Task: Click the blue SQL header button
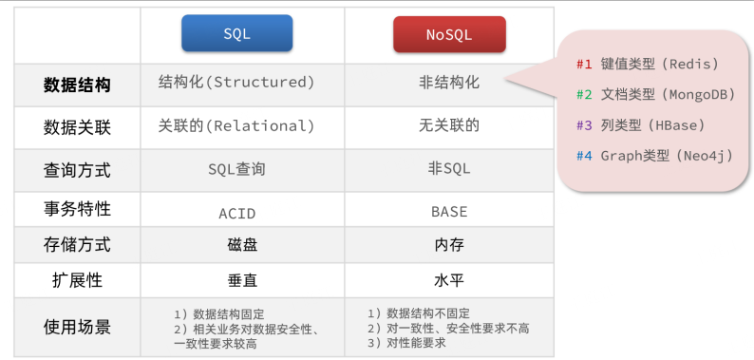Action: pyautogui.click(x=237, y=33)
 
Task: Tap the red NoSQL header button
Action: pyautogui.click(x=449, y=34)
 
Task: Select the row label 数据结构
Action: pyautogui.click(x=77, y=85)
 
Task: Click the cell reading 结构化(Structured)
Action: pyautogui.click(x=236, y=83)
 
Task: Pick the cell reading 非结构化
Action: pyautogui.click(x=449, y=83)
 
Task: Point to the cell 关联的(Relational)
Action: pyautogui.click(x=236, y=126)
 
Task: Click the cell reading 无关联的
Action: pyautogui.click(x=449, y=125)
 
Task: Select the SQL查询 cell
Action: pyautogui.click(x=236, y=169)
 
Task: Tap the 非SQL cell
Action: pyautogui.click(x=449, y=168)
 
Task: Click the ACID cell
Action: pyautogui.click(x=237, y=213)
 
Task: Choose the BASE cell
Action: pyautogui.click(x=449, y=212)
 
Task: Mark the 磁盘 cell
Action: pyautogui.click(x=242, y=245)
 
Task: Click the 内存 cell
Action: pyautogui.click(x=449, y=245)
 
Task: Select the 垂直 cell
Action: pyautogui.click(x=242, y=280)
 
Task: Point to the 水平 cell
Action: pyautogui.click(x=449, y=280)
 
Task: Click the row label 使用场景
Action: pyautogui.click(x=77, y=328)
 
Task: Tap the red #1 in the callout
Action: pyautogui.click(x=584, y=64)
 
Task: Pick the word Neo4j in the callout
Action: pyautogui.click(x=704, y=156)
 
